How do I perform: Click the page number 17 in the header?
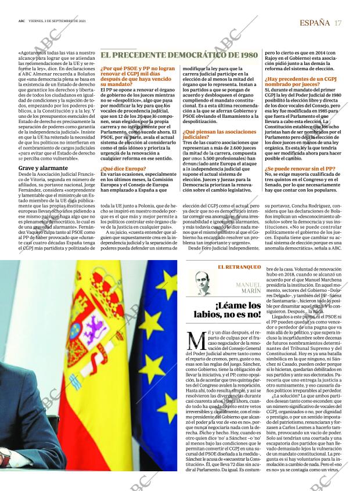tap(338, 23)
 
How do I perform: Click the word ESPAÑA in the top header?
tap(314, 23)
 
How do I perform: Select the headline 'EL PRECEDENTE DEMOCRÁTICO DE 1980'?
tap(179, 55)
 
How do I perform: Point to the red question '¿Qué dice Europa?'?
tap(123, 168)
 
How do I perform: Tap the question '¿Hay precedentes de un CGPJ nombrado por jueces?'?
tap(300, 81)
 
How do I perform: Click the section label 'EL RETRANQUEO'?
tap(239, 266)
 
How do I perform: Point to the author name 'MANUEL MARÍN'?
tap(249, 288)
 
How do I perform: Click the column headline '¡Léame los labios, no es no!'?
tap(227, 309)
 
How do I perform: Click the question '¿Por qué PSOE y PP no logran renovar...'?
tap(138, 75)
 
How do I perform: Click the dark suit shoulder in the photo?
tap(29, 418)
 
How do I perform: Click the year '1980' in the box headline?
tap(246, 55)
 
